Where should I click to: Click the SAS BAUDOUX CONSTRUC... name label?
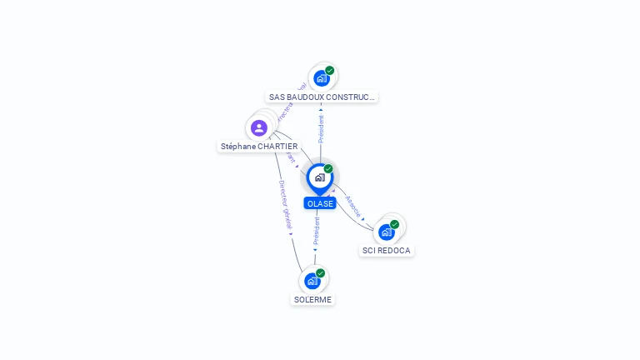(322, 97)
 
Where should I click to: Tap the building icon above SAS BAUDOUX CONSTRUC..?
(321, 78)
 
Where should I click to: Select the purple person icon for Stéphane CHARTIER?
(259, 127)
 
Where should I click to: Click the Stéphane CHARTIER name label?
(259, 146)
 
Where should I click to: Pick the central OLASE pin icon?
(319, 177)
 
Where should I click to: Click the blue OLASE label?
(320, 203)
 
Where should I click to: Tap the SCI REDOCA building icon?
(386, 232)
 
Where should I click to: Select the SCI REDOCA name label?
(387, 250)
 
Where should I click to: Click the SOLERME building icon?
(312, 281)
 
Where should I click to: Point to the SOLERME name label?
(312, 299)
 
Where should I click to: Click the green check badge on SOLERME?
(321, 273)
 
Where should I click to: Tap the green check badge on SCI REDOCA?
(394, 224)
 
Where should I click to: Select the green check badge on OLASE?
(328, 169)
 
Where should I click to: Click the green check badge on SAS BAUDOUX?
(330, 71)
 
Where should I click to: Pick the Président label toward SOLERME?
(317, 231)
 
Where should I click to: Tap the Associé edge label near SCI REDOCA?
(353, 207)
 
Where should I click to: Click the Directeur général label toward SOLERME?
(285, 205)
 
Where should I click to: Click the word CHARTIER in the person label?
(277, 146)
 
